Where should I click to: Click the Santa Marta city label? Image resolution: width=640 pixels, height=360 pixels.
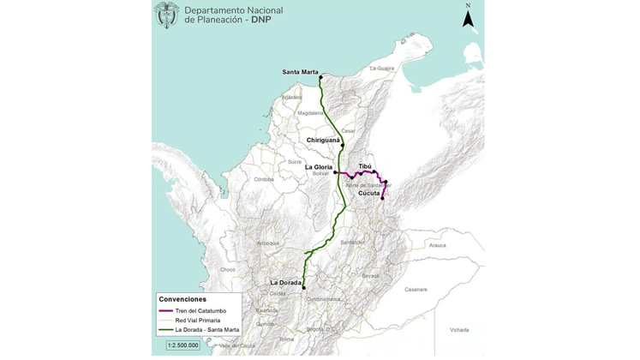pos(300,72)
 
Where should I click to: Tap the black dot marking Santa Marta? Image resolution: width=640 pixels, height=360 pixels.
pos(320,78)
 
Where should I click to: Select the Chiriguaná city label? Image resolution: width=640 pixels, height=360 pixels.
pos(323,140)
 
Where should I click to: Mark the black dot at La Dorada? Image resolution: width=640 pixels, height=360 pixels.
pos(303,288)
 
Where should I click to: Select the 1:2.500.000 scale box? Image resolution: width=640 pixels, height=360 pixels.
pos(182,345)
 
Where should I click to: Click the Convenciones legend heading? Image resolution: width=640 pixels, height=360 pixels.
pos(182,300)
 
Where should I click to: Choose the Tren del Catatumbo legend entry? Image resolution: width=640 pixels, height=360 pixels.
pos(198,311)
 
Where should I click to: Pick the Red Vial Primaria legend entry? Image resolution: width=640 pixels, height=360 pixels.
pos(197,321)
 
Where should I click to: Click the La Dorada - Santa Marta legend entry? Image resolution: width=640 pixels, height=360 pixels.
pos(207,330)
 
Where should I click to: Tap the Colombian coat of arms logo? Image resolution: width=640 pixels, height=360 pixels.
pos(166,15)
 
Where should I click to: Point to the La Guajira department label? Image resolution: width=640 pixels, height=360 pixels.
pos(382,68)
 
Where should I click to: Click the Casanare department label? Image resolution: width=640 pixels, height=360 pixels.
pos(416,290)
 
